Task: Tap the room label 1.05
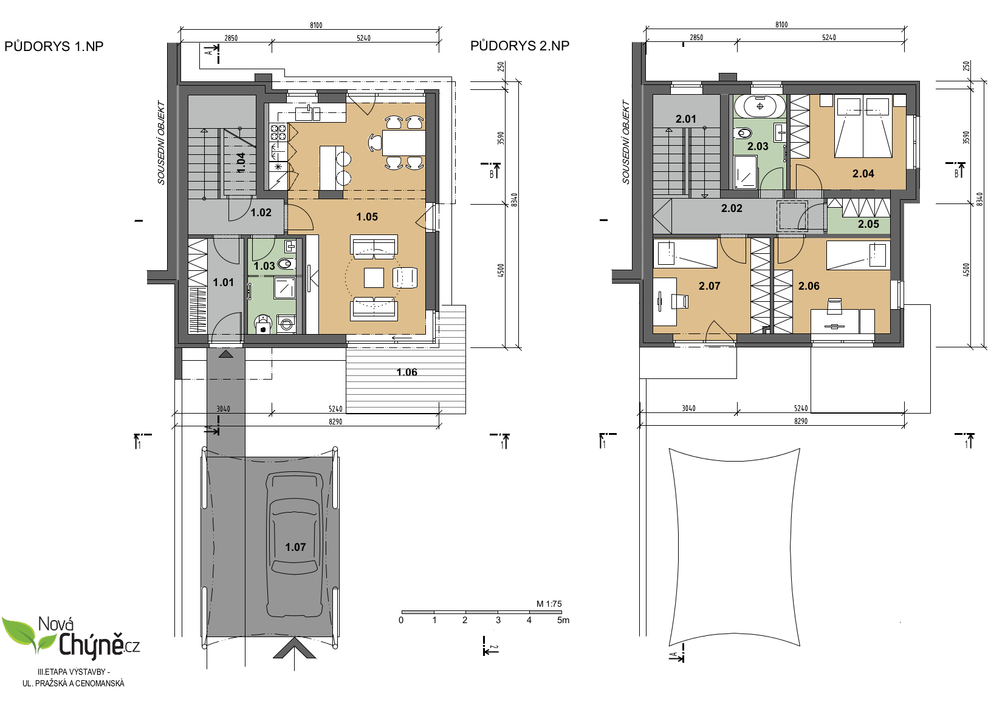(367, 217)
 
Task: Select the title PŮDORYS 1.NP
(54, 46)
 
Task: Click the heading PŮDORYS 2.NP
(520, 46)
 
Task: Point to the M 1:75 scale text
(549, 604)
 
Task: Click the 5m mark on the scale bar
(563, 620)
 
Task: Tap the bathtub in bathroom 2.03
(760, 106)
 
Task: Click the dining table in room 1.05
(404, 143)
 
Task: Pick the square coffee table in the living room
(374, 278)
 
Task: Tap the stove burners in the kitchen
(278, 132)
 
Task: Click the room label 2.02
(732, 208)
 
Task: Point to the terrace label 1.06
(406, 372)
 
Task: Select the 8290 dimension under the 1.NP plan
(335, 422)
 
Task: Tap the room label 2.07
(709, 285)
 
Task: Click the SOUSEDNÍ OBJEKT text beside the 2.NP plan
(626, 142)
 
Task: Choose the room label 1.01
(224, 282)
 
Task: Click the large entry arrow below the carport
(294, 649)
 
